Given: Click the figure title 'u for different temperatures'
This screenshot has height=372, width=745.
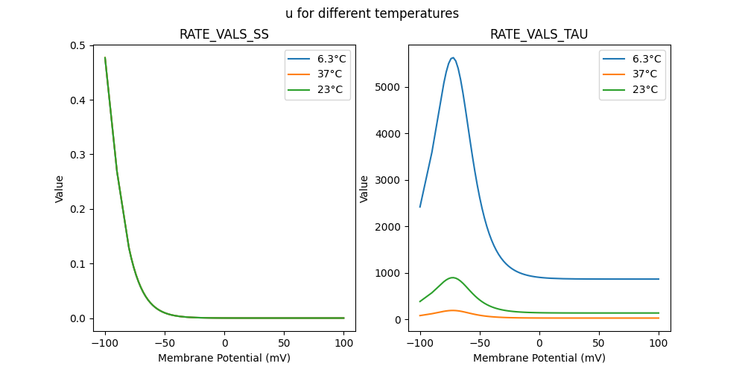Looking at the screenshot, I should (x=372, y=13).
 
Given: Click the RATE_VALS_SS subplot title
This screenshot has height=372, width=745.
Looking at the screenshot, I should (x=224, y=34).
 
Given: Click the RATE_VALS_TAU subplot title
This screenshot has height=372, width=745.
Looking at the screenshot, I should (x=539, y=34).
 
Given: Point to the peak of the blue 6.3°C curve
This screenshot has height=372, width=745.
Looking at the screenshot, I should (x=452, y=58).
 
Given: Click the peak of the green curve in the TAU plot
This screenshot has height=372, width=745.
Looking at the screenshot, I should (x=452, y=278).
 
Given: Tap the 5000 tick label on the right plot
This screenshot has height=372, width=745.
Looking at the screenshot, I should (x=387, y=87).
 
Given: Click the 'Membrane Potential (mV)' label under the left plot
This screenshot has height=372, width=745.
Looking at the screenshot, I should (x=224, y=358).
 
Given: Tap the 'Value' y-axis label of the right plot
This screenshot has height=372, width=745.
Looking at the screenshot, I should (x=364, y=189).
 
